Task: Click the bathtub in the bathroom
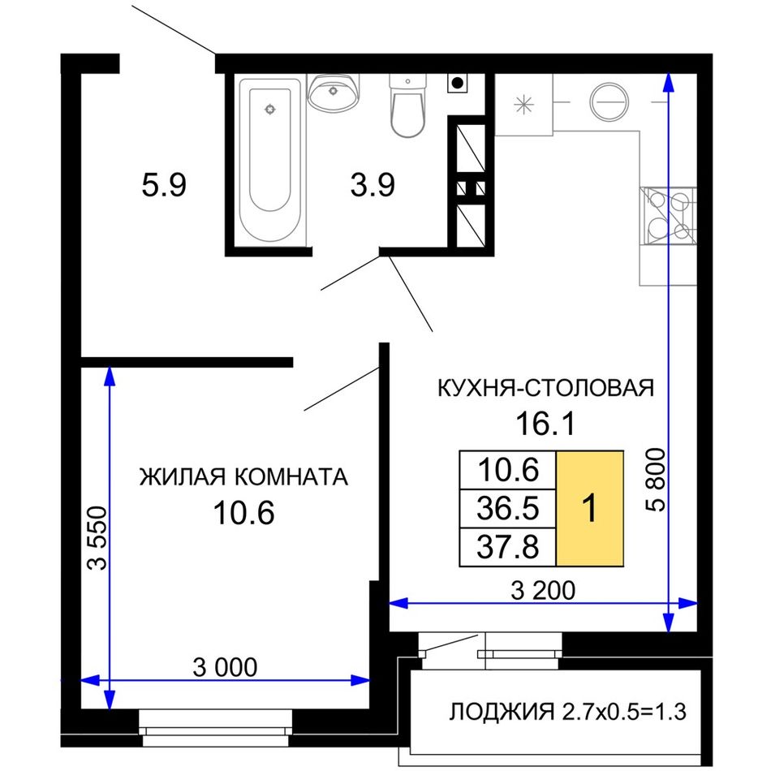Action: click(270, 161)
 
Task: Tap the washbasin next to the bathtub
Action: click(334, 92)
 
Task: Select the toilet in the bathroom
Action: click(407, 106)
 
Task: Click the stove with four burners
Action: click(669, 216)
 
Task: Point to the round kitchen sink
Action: click(609, 102)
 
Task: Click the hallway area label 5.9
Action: click(164, 186)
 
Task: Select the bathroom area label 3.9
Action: click(373, 186)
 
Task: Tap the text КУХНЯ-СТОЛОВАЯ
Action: click(545, 388)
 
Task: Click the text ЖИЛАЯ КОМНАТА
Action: click(244, 477)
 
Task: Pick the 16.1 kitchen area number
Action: click(545, 424)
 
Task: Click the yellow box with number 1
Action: click(590, 508)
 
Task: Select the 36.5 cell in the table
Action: click(508, 508)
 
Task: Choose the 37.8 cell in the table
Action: click(508, 547)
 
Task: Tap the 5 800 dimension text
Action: click(656, 480)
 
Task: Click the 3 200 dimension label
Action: click(543, 590)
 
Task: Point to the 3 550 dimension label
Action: click(97, 538)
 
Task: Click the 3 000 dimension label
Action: click(225, 667)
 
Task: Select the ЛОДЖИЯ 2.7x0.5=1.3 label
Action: click(567, 712)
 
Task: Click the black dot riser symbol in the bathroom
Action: click(457, 83)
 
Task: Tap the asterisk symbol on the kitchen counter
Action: click(523, 105)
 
